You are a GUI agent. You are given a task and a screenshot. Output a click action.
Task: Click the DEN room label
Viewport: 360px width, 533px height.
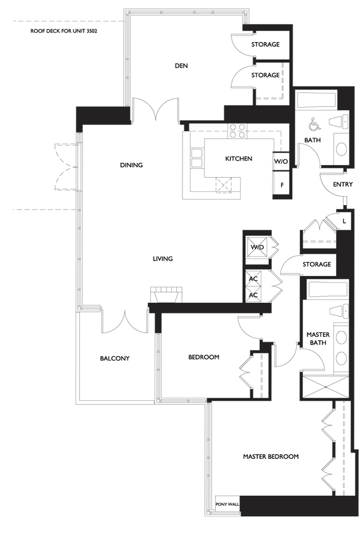(x=181, y=66)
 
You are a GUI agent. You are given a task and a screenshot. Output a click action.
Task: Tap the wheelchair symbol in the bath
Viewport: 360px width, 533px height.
(x=315, y=125)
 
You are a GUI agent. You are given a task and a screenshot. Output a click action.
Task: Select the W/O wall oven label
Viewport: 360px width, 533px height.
(x=281, y=161)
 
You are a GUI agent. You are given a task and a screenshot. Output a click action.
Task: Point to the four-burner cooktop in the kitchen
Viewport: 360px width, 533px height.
(x=237, y=131)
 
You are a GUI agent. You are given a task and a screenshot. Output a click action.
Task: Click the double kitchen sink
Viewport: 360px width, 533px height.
(x=196, y=158)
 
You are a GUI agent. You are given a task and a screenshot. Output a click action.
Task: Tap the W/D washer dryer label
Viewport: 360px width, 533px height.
(x=257, y=247)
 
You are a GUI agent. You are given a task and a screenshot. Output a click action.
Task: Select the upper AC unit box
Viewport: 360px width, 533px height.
(x=253, y=279)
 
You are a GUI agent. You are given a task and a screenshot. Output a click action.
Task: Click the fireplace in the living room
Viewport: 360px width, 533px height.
(x=167, y=295)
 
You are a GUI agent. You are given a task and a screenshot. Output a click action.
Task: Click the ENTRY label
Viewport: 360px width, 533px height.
(x=342, y=184)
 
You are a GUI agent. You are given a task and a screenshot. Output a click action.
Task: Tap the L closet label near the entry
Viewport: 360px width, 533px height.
(x=344, y=221)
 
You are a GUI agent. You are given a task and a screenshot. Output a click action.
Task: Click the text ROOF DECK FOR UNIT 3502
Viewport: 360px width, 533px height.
(x=64, y=31)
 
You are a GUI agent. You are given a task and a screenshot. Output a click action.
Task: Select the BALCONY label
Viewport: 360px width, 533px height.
(x=115, y=358)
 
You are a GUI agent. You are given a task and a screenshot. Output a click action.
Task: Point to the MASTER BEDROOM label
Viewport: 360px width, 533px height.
(x=271, y=457)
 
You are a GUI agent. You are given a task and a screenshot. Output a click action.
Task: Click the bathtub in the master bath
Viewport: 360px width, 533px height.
(x=327, y=289)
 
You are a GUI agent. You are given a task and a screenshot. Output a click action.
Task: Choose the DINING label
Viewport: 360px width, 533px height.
(x=131, y=165)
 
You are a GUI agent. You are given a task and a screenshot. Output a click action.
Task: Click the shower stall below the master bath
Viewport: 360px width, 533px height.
(x=325, y=387)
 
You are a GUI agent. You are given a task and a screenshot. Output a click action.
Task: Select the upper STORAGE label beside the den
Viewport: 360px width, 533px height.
(x=266, y=45)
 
